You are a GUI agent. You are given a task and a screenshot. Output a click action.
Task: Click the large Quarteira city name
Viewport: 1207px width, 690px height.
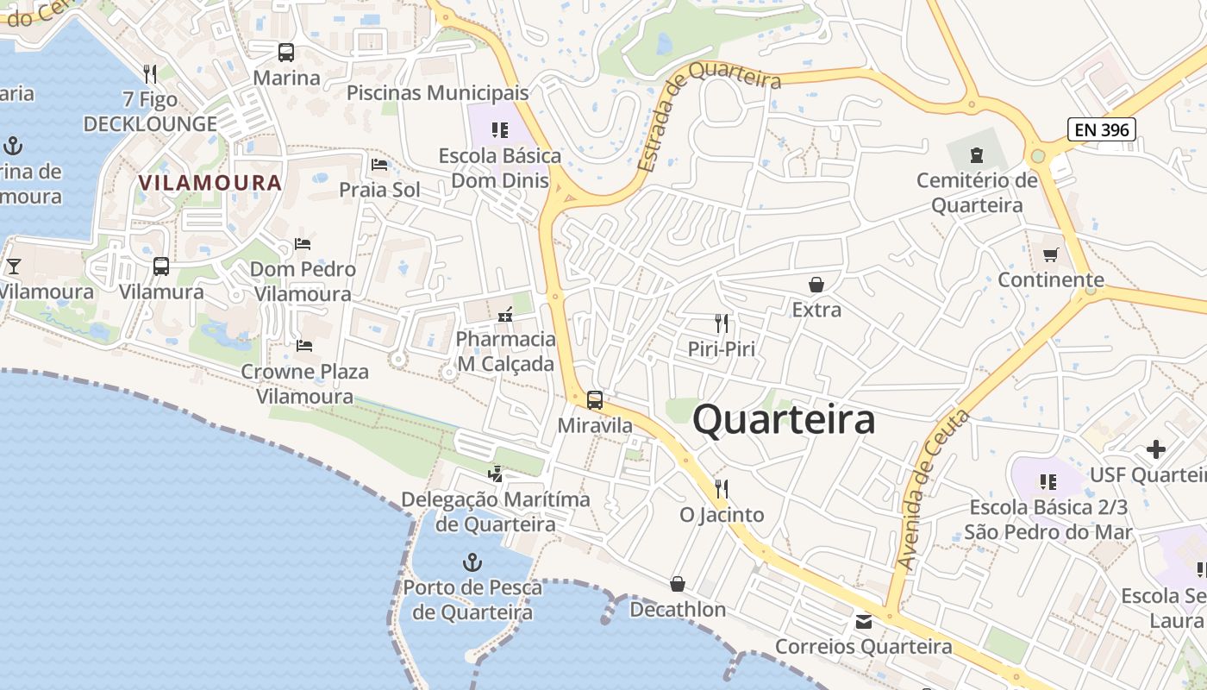(x=784, y=420)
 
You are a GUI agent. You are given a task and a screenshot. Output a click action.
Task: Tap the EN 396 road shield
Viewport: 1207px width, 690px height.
(x=1101, y=130)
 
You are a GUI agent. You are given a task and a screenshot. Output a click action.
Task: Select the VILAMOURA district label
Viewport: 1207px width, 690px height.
(x=210, y=183)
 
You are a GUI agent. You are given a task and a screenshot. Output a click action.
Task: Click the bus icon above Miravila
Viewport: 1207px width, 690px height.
(x=595, y=400)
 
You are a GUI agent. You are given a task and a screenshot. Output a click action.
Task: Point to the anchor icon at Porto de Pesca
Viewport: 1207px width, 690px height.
(x=472, y=563)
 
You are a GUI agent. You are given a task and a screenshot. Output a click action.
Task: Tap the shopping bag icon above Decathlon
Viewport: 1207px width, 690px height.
(x=678, y=584)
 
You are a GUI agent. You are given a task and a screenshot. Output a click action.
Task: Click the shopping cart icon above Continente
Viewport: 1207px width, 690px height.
(x=1050, y=254)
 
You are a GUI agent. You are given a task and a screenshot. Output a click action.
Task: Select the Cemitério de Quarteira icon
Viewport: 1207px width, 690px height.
(x=976, y=155)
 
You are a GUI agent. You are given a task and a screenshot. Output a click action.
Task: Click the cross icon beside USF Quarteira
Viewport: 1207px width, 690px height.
(x=1155, y=449)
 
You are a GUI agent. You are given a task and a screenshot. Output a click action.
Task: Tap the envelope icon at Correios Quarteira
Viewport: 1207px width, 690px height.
(x=863, y=621)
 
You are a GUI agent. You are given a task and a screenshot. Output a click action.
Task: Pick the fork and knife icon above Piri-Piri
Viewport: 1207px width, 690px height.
(x=722, y=323)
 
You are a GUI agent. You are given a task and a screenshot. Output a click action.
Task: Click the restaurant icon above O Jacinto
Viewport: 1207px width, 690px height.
(x=722, y=489)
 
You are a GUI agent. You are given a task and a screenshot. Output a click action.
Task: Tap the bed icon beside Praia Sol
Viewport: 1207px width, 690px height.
(x=379, y=165)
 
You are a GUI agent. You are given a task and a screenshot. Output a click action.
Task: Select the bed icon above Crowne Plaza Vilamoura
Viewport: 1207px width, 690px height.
(x=303, y=346)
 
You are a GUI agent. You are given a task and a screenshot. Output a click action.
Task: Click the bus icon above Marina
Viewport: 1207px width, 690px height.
(x=286, y=53)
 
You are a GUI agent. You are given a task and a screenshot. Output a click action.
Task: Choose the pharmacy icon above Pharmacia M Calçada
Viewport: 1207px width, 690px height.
(x=505, y=314)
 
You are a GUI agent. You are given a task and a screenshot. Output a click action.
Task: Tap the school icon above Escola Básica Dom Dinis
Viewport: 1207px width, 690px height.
(x=499, y=130)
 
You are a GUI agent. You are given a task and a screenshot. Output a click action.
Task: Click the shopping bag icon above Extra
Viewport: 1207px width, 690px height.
(x=816, y=284)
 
